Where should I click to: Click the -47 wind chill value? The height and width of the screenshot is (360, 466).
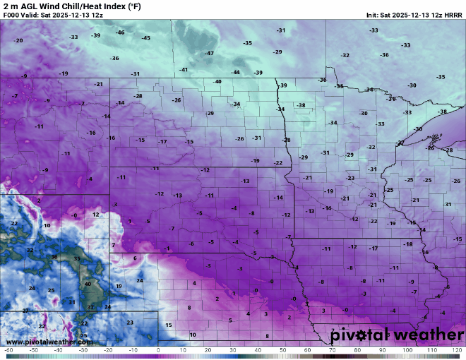210,54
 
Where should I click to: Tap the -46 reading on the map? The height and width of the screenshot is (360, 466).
120,32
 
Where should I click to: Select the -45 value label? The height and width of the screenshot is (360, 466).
146,37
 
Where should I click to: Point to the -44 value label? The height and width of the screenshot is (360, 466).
236,72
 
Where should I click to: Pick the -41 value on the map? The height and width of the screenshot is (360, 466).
184,70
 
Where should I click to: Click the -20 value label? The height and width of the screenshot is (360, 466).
18,40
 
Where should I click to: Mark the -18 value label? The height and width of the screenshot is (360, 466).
408,244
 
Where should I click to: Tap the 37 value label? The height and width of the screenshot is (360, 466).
90,308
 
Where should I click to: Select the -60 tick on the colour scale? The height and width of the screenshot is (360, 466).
8,350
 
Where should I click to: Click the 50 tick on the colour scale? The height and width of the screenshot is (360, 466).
282,350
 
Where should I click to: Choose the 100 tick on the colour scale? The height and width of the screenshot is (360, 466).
407,350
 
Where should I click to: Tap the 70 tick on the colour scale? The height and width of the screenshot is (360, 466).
333,350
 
